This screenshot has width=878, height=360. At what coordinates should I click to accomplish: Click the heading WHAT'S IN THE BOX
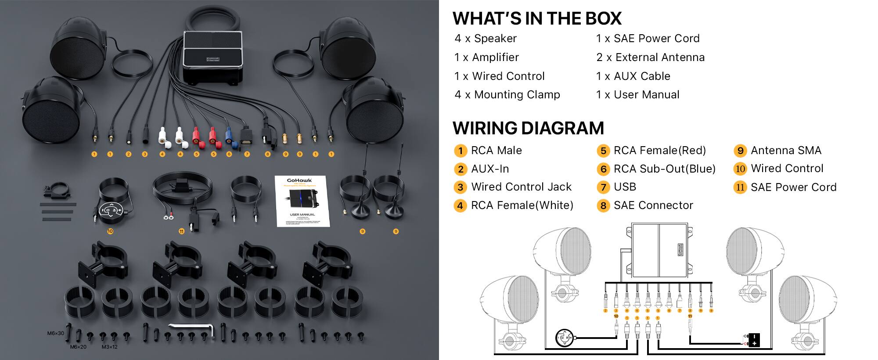pyautogui.click(x=537, y=18)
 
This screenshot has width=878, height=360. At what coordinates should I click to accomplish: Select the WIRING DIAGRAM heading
pyautogui.click(x=528, y=128)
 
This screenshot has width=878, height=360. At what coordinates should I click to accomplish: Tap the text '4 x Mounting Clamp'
pyautogui.click(x=507, y=95)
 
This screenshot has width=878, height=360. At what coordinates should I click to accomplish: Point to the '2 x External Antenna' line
pyautogui.click(x=650, y=58)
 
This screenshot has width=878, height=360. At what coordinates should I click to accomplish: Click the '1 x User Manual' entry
pyautogui.click(x=637, y=95)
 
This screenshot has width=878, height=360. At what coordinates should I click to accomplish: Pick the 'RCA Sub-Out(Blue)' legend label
pyautogui.click(x=664, y=169)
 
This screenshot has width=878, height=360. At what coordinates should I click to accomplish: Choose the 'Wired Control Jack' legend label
pyautogui.click(x=521, y=187)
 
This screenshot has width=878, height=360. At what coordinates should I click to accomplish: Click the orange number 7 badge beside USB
pyautogui.click(x=603, y=187)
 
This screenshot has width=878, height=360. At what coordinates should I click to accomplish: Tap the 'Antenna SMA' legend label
pyautogui.click(x=786, y=151)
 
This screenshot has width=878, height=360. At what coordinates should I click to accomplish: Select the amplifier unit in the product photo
pyautogui.click(x=213, y=57)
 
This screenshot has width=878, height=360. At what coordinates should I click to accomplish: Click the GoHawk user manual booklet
pyautogui.click(x=302, y=201)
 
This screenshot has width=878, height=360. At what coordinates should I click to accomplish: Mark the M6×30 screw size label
pyautogui.click(x=56, y=333)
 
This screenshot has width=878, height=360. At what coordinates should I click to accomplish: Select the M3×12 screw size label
pyautogui.click(x=109, y=347)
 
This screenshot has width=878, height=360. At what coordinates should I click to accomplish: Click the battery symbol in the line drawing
pyautogui.click(x=753, y=340)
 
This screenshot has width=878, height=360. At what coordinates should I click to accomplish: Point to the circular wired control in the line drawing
pyautogui.click(x=564, y=338)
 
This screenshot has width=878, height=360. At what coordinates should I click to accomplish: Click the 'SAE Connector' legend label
pyautogui.click(x=653, y=205)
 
